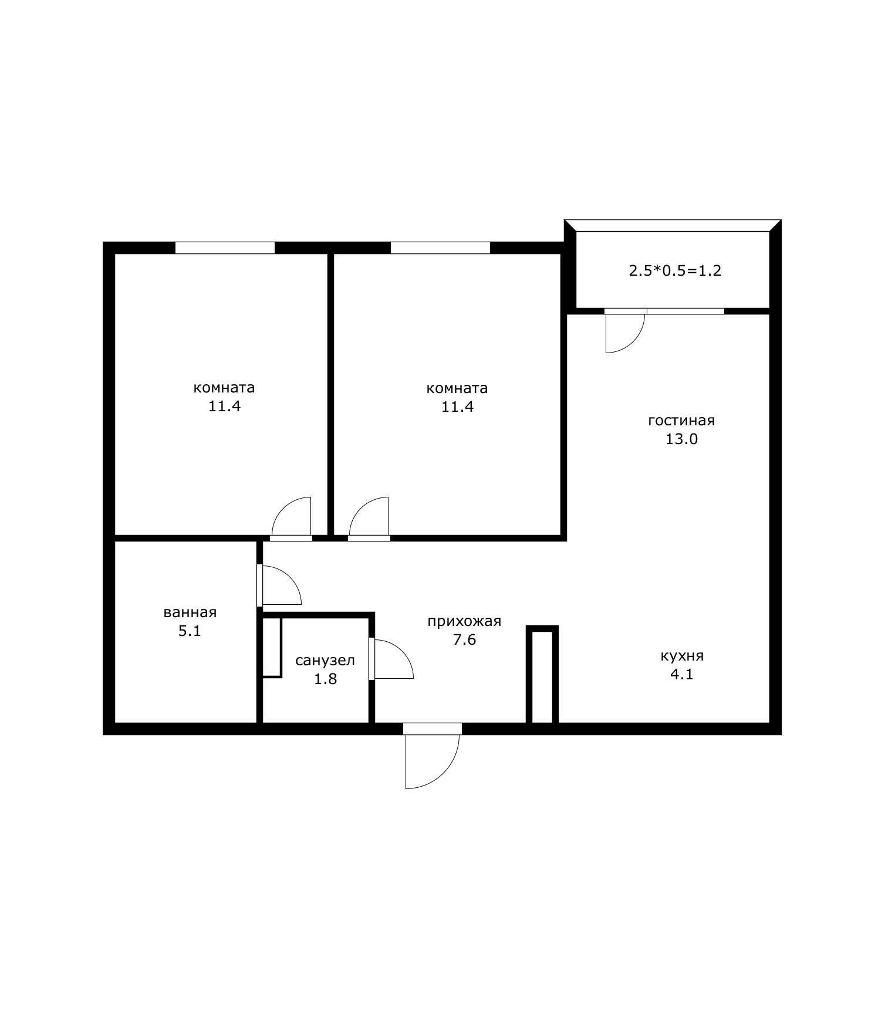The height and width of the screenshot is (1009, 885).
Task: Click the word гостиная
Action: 681,421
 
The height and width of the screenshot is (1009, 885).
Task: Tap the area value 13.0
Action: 681,439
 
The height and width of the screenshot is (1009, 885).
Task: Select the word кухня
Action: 682,656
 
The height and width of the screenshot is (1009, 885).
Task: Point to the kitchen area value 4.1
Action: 682,675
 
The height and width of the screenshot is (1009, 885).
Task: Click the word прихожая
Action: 464,621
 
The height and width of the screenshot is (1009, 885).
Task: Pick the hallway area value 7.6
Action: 464,640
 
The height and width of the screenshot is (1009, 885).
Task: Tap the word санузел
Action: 325,661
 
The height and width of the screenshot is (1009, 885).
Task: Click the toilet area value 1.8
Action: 325,679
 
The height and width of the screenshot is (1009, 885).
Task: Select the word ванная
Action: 190,612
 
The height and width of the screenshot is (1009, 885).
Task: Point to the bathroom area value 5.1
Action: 190,632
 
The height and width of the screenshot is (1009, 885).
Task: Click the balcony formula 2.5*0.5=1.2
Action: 675,271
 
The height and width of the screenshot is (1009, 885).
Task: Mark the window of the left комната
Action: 225,248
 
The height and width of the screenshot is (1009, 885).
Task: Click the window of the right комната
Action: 440,248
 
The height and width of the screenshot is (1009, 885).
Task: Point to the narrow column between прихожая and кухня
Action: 542,675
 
